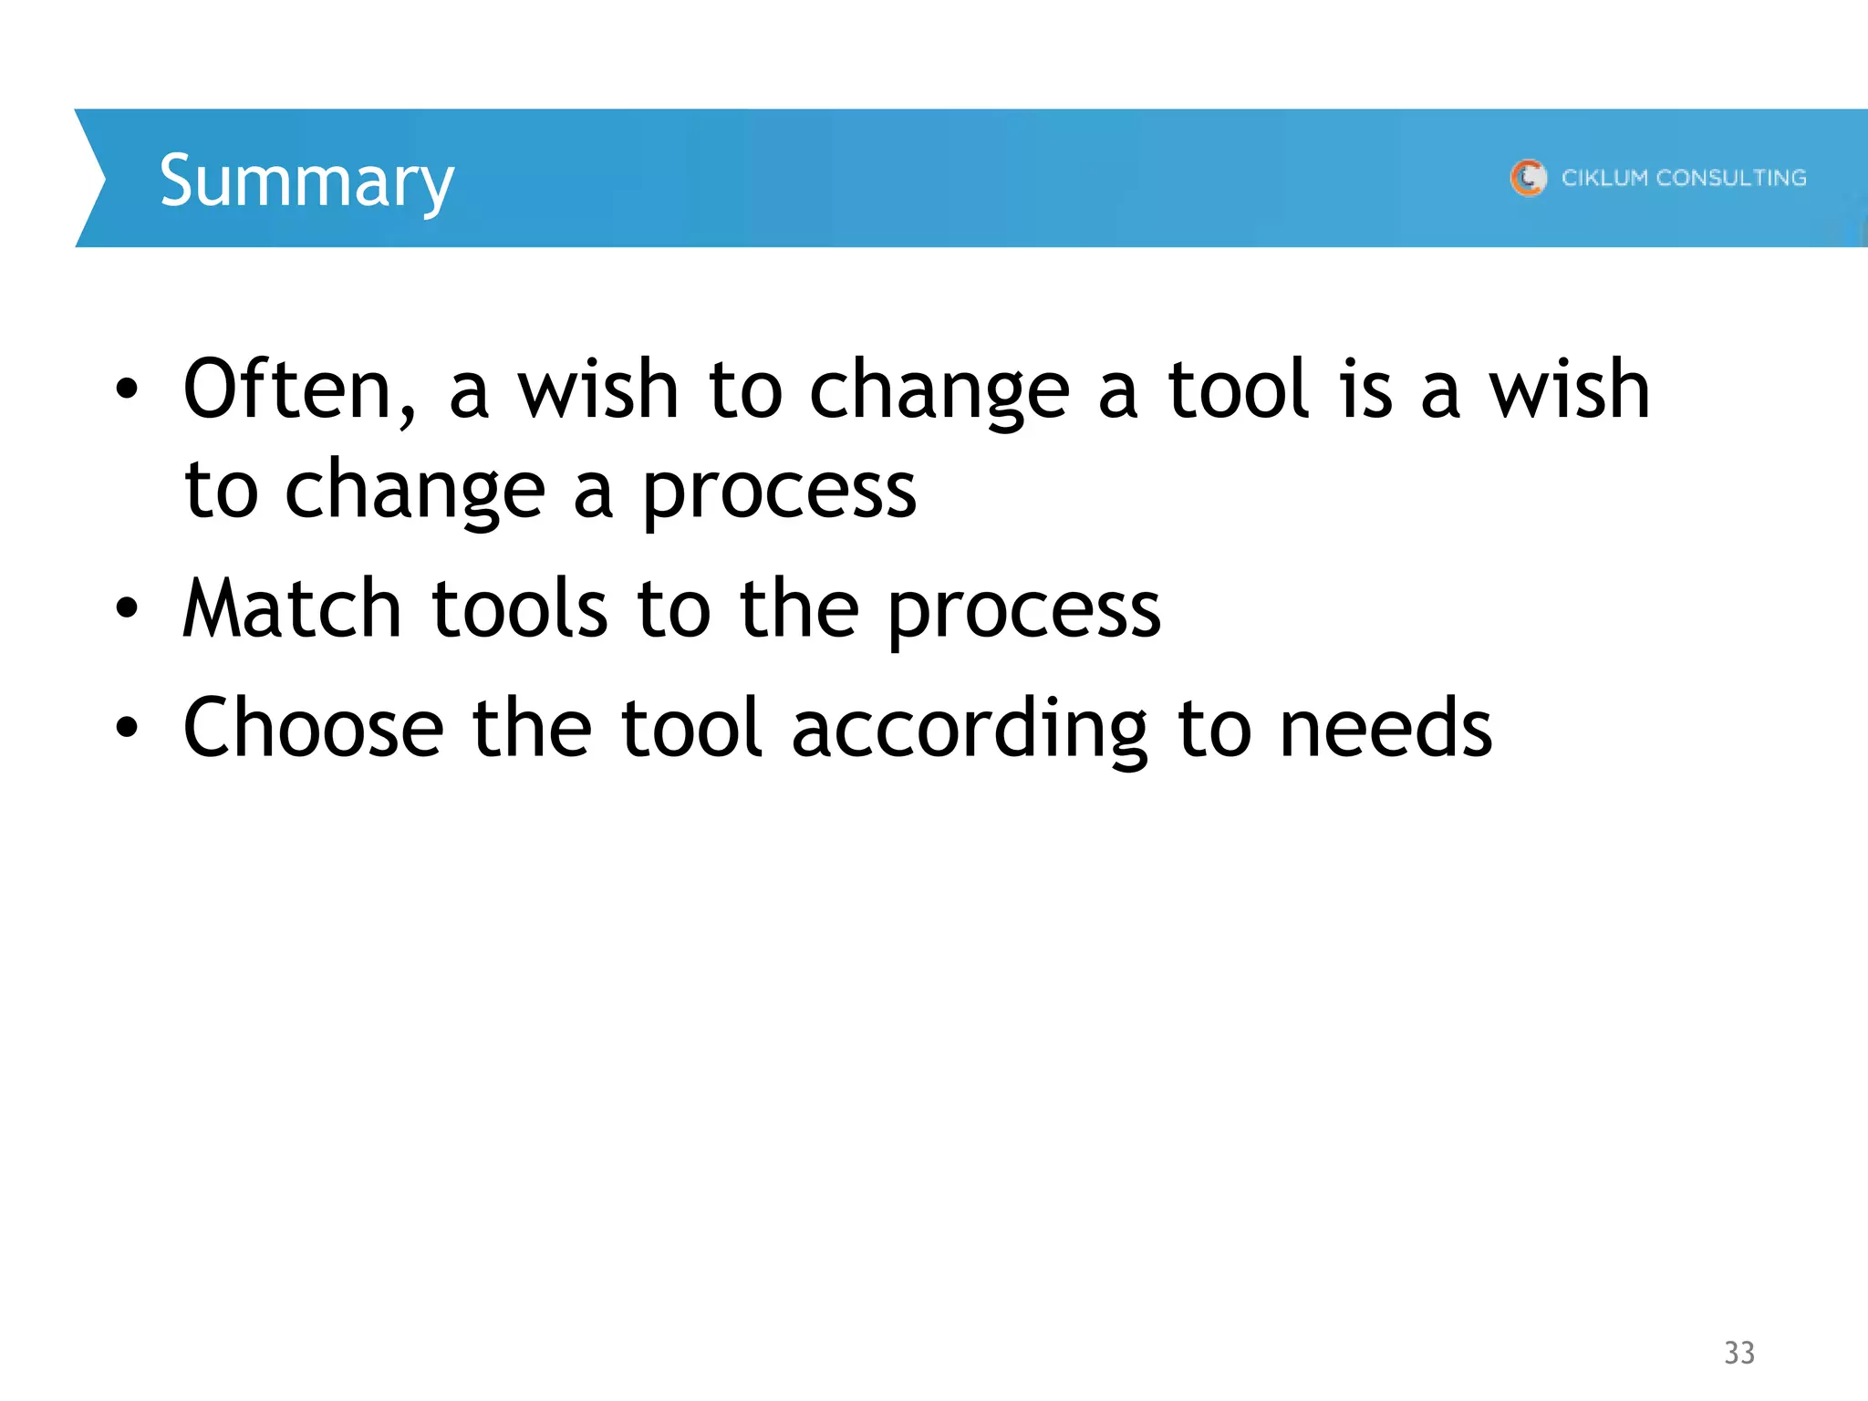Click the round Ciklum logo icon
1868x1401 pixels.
[1528, 177]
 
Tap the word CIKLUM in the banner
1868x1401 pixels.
[1604, 177]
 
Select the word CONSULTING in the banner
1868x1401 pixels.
[1730, 177]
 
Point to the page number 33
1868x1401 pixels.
[1739, 1353]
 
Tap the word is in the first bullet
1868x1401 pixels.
[1366, 389]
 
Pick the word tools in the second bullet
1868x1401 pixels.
[519, 608]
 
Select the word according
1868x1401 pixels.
[970, 730]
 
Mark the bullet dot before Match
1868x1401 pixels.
[127, 607]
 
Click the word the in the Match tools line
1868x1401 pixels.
[799, 608]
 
